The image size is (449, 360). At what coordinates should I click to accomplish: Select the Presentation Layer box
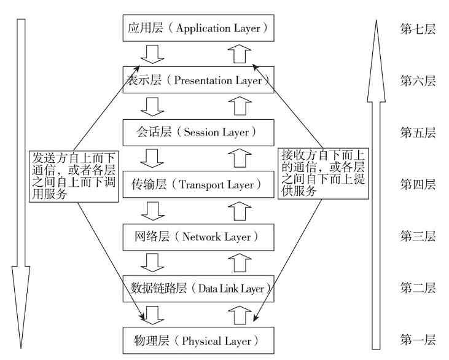coord(197,80)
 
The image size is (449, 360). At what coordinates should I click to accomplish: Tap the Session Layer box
coord(197,132)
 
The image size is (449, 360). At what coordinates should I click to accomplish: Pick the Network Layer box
coord(197,236)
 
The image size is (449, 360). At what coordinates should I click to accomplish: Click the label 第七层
coord(418,28)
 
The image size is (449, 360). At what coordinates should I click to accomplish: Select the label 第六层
coord(418,80)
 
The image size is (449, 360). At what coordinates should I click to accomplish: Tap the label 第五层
coord(418,132)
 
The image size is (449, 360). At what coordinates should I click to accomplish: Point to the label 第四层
coord(418,184)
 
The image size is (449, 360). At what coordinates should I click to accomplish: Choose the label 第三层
coord(418,236)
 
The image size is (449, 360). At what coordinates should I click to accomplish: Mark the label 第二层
coord(418,288)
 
